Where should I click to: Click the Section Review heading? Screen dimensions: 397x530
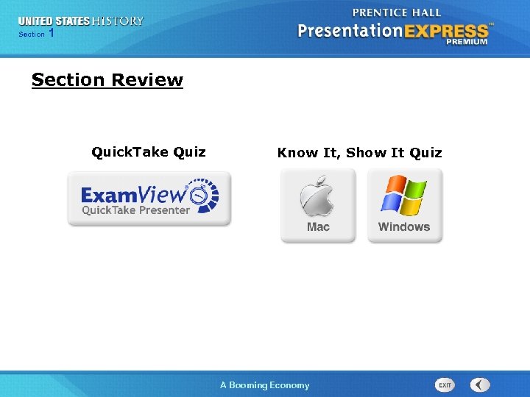pyautogui.click(x=107, y=80)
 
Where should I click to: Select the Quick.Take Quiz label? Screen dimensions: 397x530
pyautogui.click(x=149, y=152)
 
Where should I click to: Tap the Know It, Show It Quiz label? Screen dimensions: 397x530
pyautogui.click(x=359, y=153)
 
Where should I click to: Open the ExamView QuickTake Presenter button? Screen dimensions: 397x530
pyautogui.click(x=149, y=198)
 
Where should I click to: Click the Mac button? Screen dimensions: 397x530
pyautogui.click(x=318, y=206)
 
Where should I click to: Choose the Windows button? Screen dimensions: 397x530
pyautogui.click(x=404, y=206)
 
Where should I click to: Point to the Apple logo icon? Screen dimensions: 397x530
pyautogui.click(x=317, y=196)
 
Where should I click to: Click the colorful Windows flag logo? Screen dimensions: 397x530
pyautogui.click(x=403, y=195)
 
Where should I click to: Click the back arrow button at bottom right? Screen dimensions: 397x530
pyautogui.click(x=480, y=385)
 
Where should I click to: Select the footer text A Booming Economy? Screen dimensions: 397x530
pyautogui.click(x=265, y=385)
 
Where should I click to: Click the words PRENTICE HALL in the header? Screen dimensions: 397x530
pyautogui.click(x=396, y=13)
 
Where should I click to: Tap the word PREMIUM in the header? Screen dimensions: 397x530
pyautogui.click(x=466, y=43)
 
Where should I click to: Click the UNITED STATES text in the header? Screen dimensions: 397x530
pyautogui.click(x=54, y=21)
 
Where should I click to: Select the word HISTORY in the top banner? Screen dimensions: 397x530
pyautogui.click(x=118, y=21)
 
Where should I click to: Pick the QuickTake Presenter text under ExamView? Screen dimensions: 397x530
pyautogui.click(x=135, y=210)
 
